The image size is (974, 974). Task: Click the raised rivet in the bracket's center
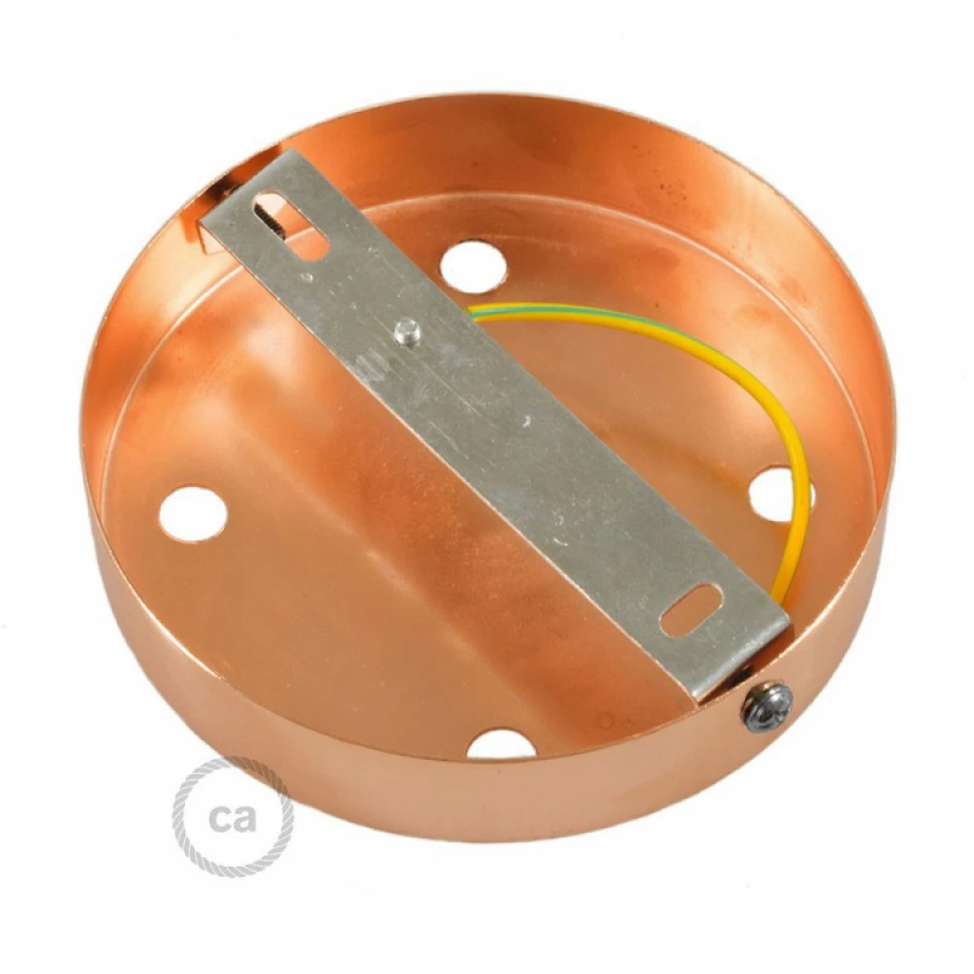[x=407, y=332]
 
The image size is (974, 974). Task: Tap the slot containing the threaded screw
[x=290, y=225]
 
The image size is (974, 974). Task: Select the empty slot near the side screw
[x=692, y=610]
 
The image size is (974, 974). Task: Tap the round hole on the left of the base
[x=193, y=513]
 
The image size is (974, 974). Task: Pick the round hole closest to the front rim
[x=501, y=744]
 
